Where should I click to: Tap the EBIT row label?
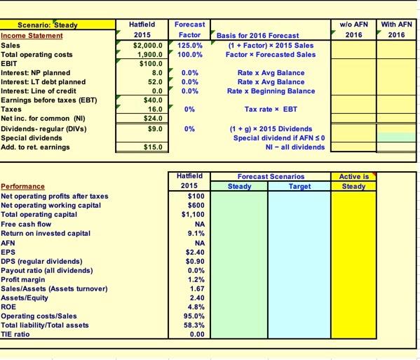(9, 63)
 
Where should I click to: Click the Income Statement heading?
(31, 35)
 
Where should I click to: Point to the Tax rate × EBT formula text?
(271, 109)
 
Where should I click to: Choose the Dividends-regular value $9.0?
(155, 128)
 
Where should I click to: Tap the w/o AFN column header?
(353, 25)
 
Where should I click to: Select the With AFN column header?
(396, 25)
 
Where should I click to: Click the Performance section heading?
(23, 187)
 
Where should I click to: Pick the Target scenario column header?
(299, 187)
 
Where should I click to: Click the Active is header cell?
(353, 177)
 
